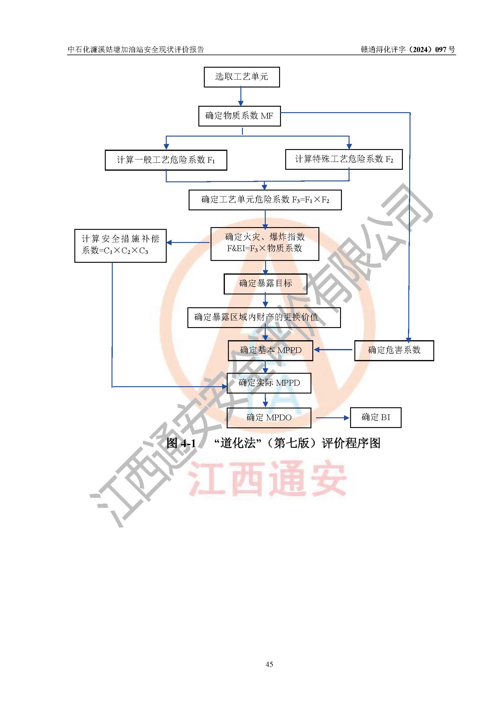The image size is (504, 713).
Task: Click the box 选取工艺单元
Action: [x=242, y=77]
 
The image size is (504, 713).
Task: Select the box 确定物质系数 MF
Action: [x=240, y=116]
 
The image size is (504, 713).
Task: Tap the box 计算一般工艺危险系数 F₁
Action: [x=166, y=160]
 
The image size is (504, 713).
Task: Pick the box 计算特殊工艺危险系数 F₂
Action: [x=344, y=159]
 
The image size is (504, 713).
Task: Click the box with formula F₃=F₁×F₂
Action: [x=265, y=200]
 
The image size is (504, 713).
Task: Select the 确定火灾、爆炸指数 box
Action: [x=265, y=244]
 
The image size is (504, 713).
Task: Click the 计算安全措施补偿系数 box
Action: [x=120, y=246]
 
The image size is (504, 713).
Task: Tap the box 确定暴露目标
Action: [x=266, y=284]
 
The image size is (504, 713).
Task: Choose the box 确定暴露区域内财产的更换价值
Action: [x=264, y=317]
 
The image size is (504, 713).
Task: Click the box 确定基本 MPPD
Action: [x=271, y=351]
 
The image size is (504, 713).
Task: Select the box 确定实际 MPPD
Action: [x=269, y=383]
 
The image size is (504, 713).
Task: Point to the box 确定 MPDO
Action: [x=269, y=418]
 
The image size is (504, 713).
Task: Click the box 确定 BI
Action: [x=376, y=418]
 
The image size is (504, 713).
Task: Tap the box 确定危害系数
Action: [x=394, y=351]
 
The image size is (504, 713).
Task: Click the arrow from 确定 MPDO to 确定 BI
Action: [x=333, y=418]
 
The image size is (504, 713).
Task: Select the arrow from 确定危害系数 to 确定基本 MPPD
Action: [x=333, y=350]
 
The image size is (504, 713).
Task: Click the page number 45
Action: [x=269, y=664]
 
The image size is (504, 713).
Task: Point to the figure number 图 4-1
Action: [x=181, y=443]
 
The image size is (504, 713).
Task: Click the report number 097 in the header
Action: [x=441, y=49]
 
